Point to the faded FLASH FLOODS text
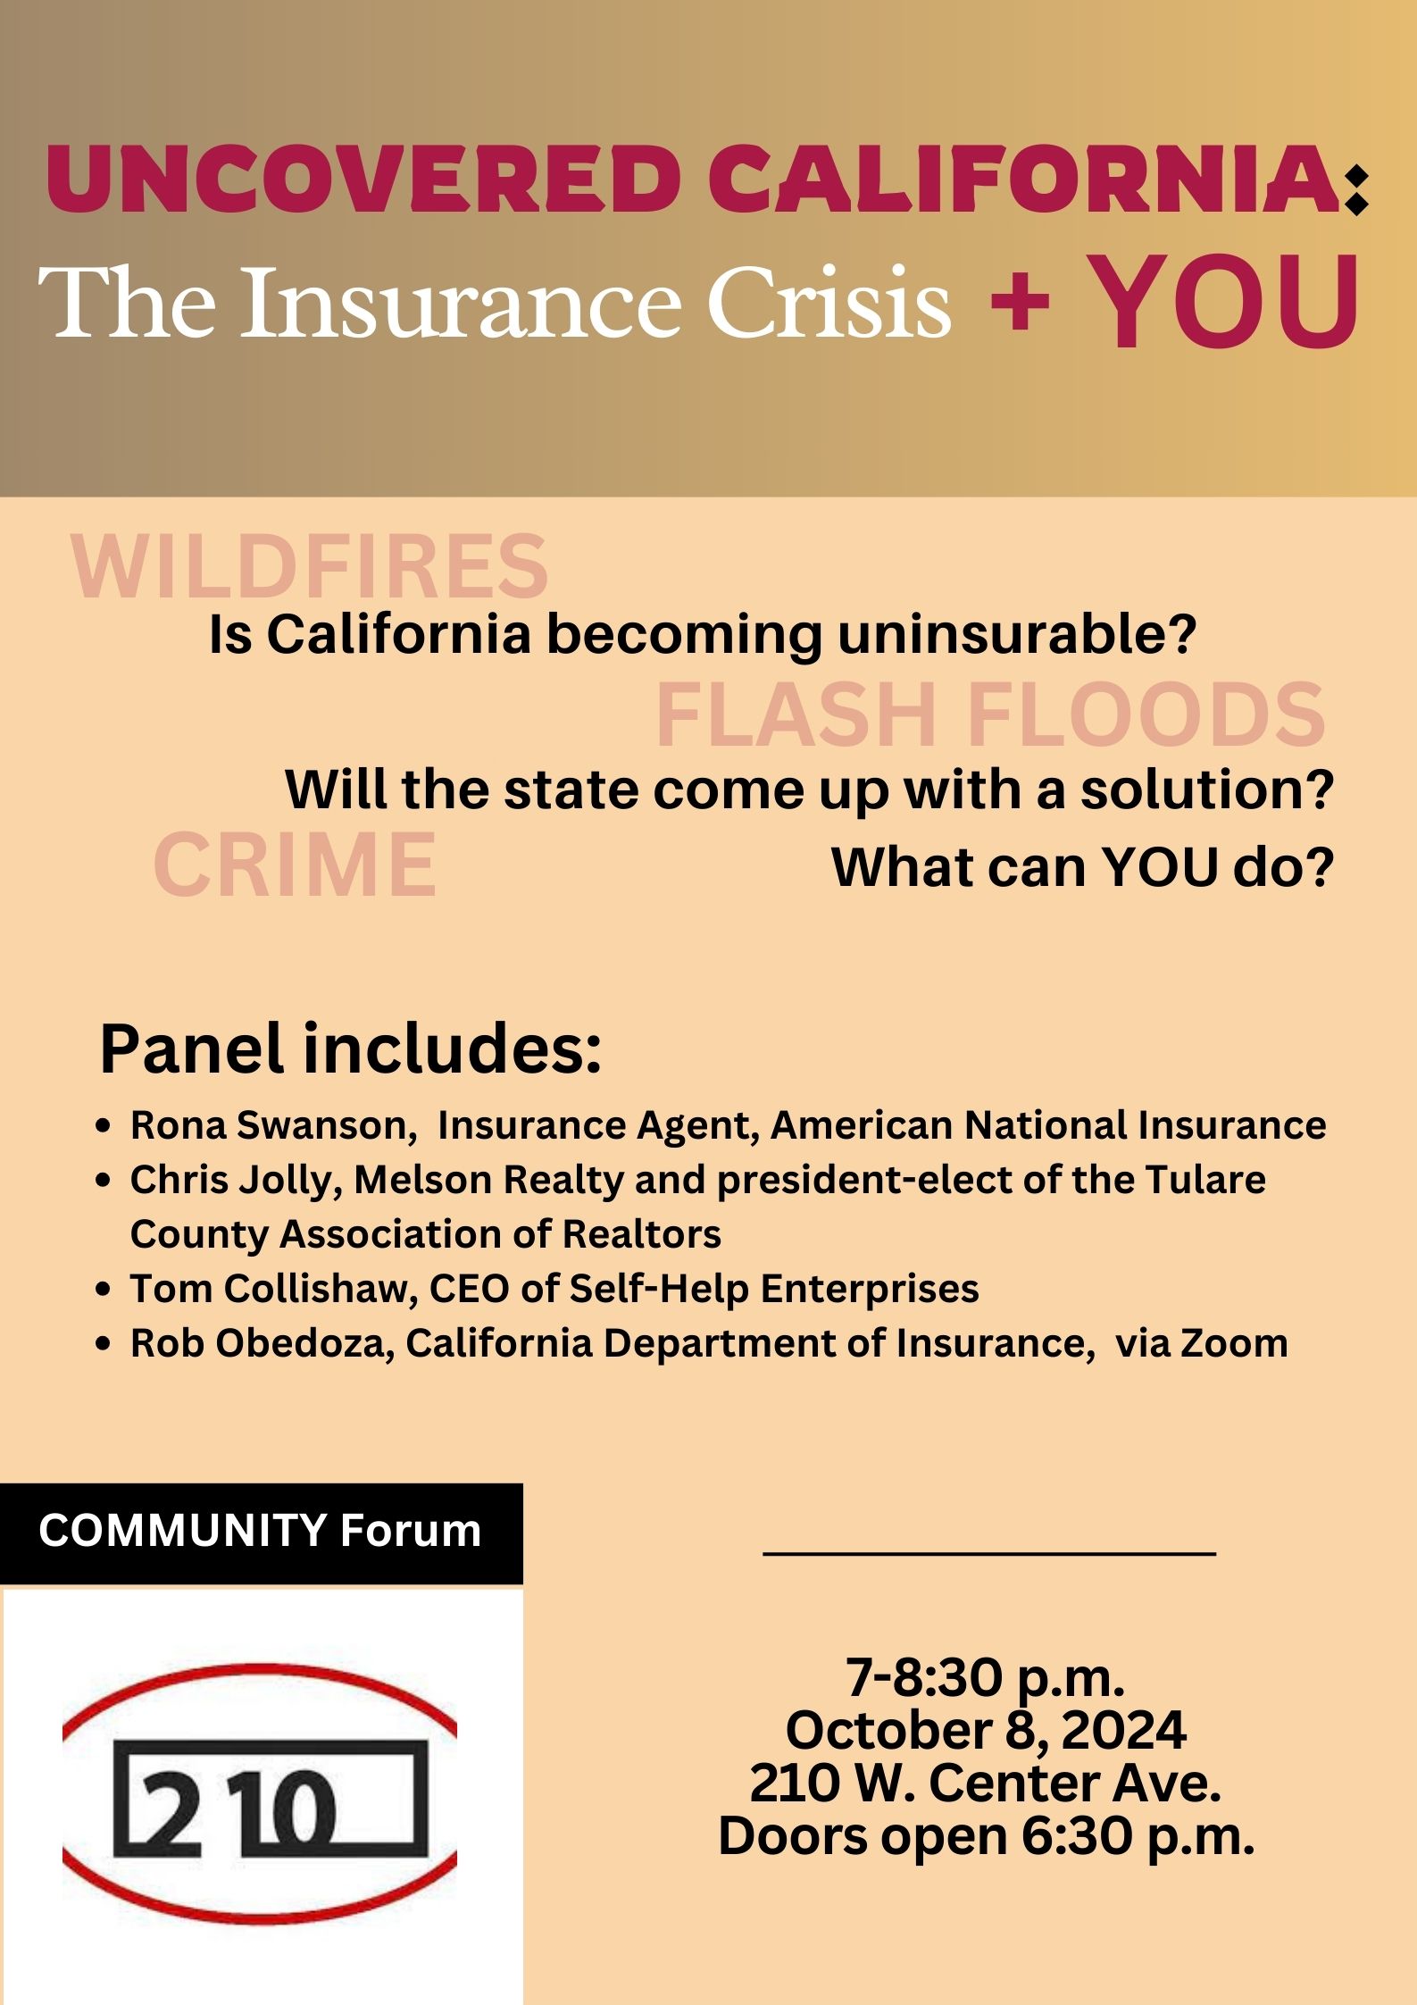pos(990,714)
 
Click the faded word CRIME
pos(295,864)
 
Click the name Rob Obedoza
pos(263,1343)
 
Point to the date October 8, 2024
pos(986,1730)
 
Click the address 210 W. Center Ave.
pos(986,1783)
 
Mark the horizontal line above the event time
pos(989,1555)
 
